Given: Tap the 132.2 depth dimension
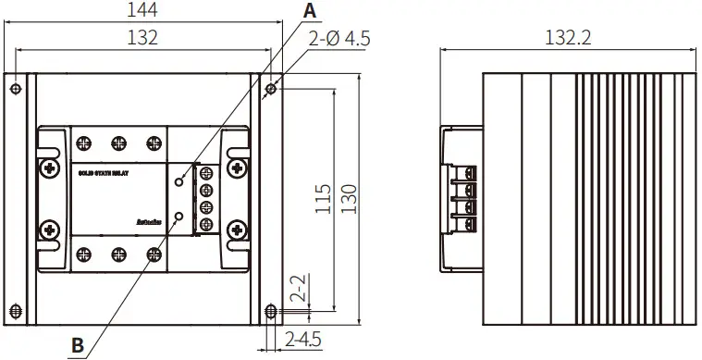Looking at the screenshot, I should [568, 38].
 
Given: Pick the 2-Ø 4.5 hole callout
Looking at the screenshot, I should [343, 40].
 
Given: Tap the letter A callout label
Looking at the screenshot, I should [310, 10].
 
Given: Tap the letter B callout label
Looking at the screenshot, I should [78, 345].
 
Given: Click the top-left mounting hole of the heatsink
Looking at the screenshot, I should [16, 89].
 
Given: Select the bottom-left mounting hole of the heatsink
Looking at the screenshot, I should [16, 309].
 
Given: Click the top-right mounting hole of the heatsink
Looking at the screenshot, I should [269, 89].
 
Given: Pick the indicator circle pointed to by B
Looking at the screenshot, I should [179, 217].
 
